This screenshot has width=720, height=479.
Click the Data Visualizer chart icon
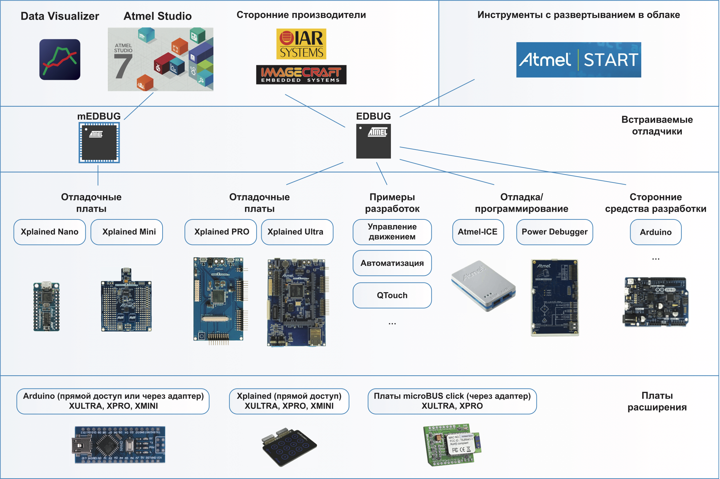60,60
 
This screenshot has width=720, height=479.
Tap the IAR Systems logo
301,44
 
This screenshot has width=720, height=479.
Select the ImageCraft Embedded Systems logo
301,75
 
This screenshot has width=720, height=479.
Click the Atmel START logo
578,60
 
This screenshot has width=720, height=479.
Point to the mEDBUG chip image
99,143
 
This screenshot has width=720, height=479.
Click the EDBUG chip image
373,141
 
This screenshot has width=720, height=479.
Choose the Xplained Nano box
50,232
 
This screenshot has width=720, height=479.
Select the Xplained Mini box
127,232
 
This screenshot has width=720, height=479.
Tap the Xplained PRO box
221,232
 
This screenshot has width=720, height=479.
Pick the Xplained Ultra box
297,232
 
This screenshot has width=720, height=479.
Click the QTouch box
392,295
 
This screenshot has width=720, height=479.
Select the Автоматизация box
392,263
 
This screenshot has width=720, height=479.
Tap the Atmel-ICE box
478,232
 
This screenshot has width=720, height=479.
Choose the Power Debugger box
554,232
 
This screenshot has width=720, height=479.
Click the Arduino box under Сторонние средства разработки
656,232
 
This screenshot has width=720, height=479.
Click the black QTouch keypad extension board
289,446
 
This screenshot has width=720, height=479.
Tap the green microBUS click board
452,444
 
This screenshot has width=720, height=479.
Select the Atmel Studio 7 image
161,59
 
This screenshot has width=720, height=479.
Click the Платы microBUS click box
452,401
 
